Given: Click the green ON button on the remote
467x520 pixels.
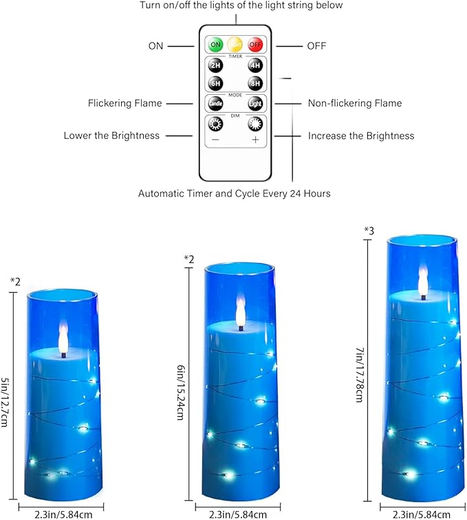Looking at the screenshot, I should tap(215, 45).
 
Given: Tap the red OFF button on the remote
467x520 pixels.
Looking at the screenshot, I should tap(256, 45).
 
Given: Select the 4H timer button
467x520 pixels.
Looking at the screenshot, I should tap(256, 67).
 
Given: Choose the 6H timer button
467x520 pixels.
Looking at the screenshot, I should tap(215, 83).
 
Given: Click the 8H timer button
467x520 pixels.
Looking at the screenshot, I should tap(256, 83).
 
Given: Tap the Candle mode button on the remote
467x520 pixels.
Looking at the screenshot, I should tap(215, 104).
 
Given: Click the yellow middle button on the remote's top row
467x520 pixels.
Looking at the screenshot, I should tap(235, 45).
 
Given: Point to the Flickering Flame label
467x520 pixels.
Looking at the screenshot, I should tap(124, 103).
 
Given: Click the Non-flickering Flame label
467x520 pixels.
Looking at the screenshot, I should tap(355, 103).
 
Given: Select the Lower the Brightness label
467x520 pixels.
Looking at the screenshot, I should tap(111, 136).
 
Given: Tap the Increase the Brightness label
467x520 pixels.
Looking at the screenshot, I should tap(361, 136).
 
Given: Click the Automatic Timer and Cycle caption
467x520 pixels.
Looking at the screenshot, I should tap(234, 194).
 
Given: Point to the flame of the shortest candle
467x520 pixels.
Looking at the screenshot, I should tap(63, 337).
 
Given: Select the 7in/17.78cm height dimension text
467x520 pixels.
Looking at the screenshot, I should tap(359, 374).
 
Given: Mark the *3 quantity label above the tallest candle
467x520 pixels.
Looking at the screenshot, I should tap(369, 230).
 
